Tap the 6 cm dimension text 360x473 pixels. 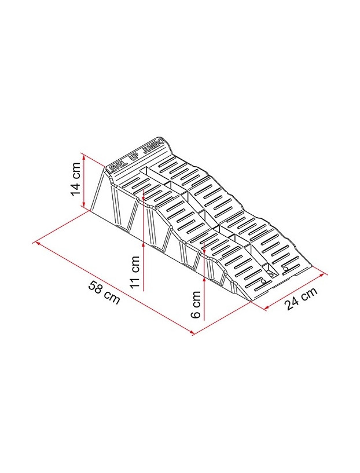pos(196,306)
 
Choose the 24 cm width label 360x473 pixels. pos(302,299)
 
